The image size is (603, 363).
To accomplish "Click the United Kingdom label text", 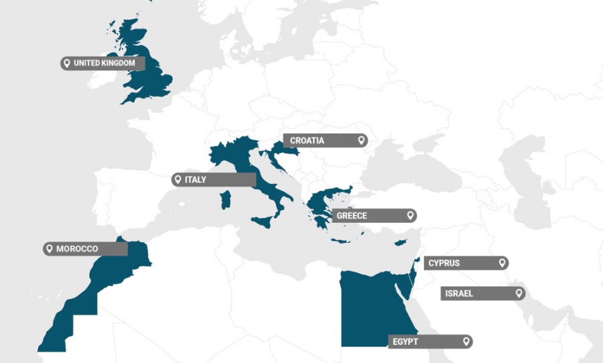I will click(x=105, y=63).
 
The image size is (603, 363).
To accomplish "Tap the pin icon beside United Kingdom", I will click(x=66, y=63).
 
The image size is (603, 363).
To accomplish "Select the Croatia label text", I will click(x=307, y=141).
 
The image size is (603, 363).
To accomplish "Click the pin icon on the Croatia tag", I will click(x=361, y=140).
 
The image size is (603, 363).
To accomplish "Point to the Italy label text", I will click(x=196, y=180).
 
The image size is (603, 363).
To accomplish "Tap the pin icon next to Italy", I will click(x=178, y=180).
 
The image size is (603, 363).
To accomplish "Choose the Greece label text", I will click(x=352, y=216).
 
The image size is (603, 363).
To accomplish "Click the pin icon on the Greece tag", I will click(x=410, y=216).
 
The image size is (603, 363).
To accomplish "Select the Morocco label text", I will click(x=77, y=249).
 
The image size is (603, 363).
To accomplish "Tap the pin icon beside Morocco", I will click(x=49, y=249).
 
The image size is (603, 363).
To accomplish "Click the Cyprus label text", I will click(x=444, y=263).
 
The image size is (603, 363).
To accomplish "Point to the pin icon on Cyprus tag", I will click(x=502, y=263).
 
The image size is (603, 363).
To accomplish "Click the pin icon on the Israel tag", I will click(x=519, y=293).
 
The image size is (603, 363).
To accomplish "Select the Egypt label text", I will click(x=406, y=342).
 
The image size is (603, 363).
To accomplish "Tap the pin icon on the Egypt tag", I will click(x=466, y=342).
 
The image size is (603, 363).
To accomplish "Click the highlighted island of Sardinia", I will click(x=226, y=200).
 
